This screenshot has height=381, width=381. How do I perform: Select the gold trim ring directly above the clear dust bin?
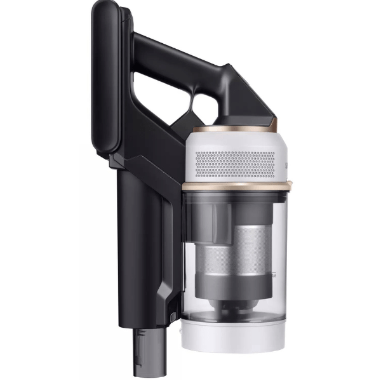(235, 186)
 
